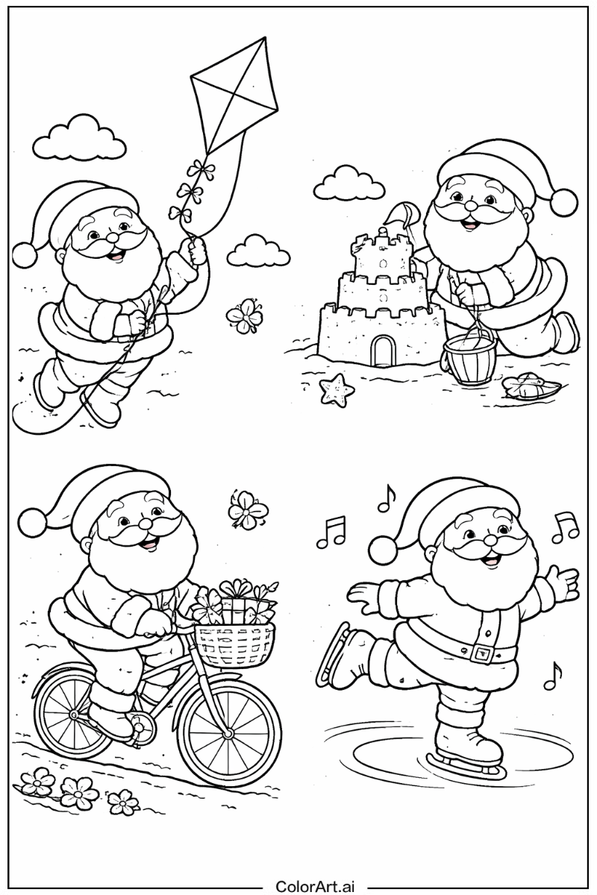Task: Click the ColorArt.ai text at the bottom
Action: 316,885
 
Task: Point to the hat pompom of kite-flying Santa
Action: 26,254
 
